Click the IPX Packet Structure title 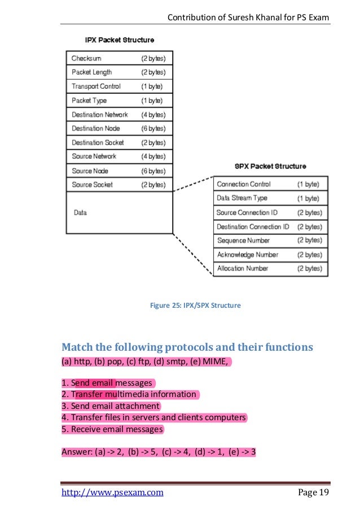[x=119, y=40]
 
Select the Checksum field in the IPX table [x=86, y=58]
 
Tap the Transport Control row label [x=96, y=86]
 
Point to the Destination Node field [x=96, y=128]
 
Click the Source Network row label [x=94, y=156]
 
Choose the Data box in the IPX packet [x=80, y=213]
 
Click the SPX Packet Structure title [x=270, y=167]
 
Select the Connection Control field [x=244, y=184]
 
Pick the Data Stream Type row [x=242, y=198]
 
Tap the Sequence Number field [x=244, y=241]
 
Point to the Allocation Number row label [x=243, y=268]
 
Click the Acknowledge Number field [x=248, y=255]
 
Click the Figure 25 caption [x=195, y=306]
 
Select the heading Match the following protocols [x=187, y=346]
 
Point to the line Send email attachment [x=111, y=406]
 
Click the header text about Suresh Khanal [x=248, y=19]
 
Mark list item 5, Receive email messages [x=112, y=429]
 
